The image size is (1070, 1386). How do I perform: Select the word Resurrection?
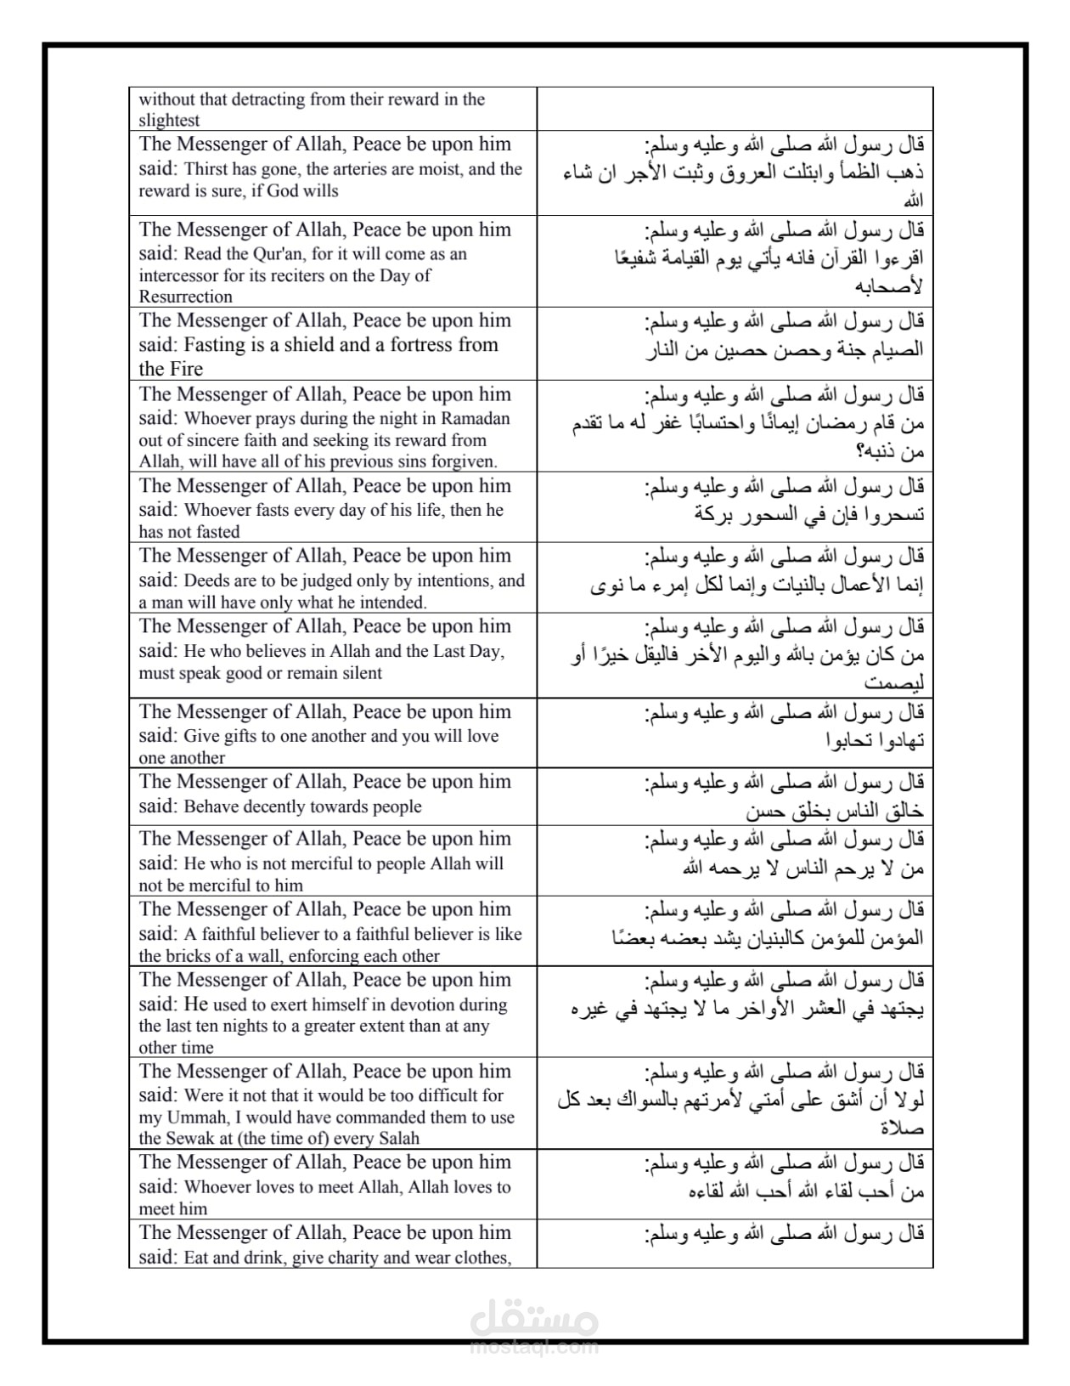click(x=185, y=297)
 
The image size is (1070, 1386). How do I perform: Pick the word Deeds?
click(x=206, y=581)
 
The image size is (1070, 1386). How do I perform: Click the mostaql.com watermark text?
click(x=533, y=1347)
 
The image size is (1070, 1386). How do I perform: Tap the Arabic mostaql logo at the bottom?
click(x=533, y=1319)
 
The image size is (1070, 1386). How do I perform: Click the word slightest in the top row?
click(x=169, y=121)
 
